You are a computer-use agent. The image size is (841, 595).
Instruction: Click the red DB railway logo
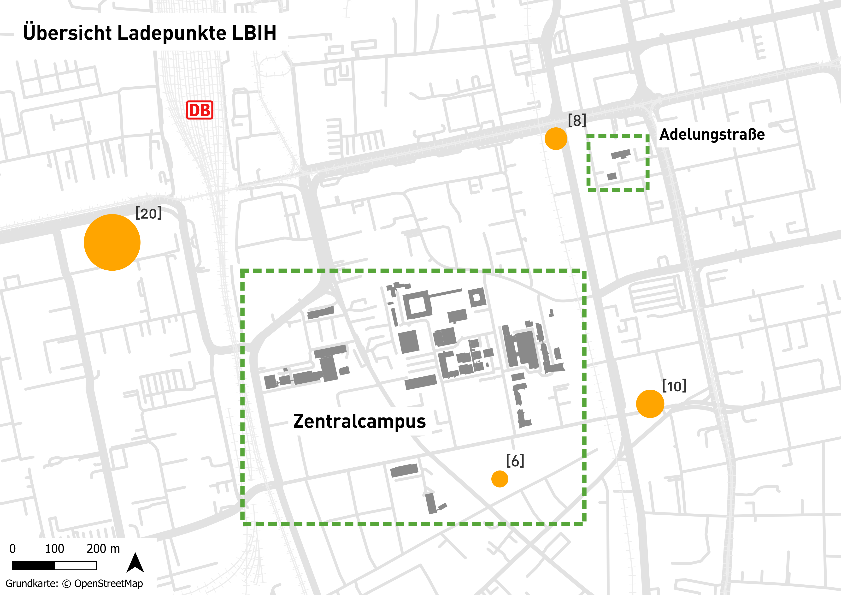(x=199, y=110)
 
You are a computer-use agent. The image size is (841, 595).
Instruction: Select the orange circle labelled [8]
(x=556, y=138)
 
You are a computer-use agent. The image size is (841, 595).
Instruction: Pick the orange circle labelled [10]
(x=650, y=404)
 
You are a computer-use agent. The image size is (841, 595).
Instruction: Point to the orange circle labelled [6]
(x=500, y=479)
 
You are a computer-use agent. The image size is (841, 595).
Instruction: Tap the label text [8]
(x=577, y=120)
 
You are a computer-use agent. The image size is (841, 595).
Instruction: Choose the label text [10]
(x=674, y=386)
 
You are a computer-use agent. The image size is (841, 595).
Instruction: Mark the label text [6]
(x=515, y=461)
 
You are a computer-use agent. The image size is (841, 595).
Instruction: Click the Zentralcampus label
(x=359, y=421)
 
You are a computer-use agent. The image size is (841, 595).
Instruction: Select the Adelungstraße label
(x=712, y=134)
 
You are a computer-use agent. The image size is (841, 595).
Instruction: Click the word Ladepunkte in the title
(x=172, y=33)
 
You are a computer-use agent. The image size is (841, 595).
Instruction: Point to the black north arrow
(x=135, y=563)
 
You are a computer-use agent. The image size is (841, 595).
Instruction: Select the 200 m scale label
(x=103, y=548)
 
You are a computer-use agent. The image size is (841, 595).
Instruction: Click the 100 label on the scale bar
(x=55, y=548)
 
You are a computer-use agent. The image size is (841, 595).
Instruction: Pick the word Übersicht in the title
(x=67, y=33)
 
